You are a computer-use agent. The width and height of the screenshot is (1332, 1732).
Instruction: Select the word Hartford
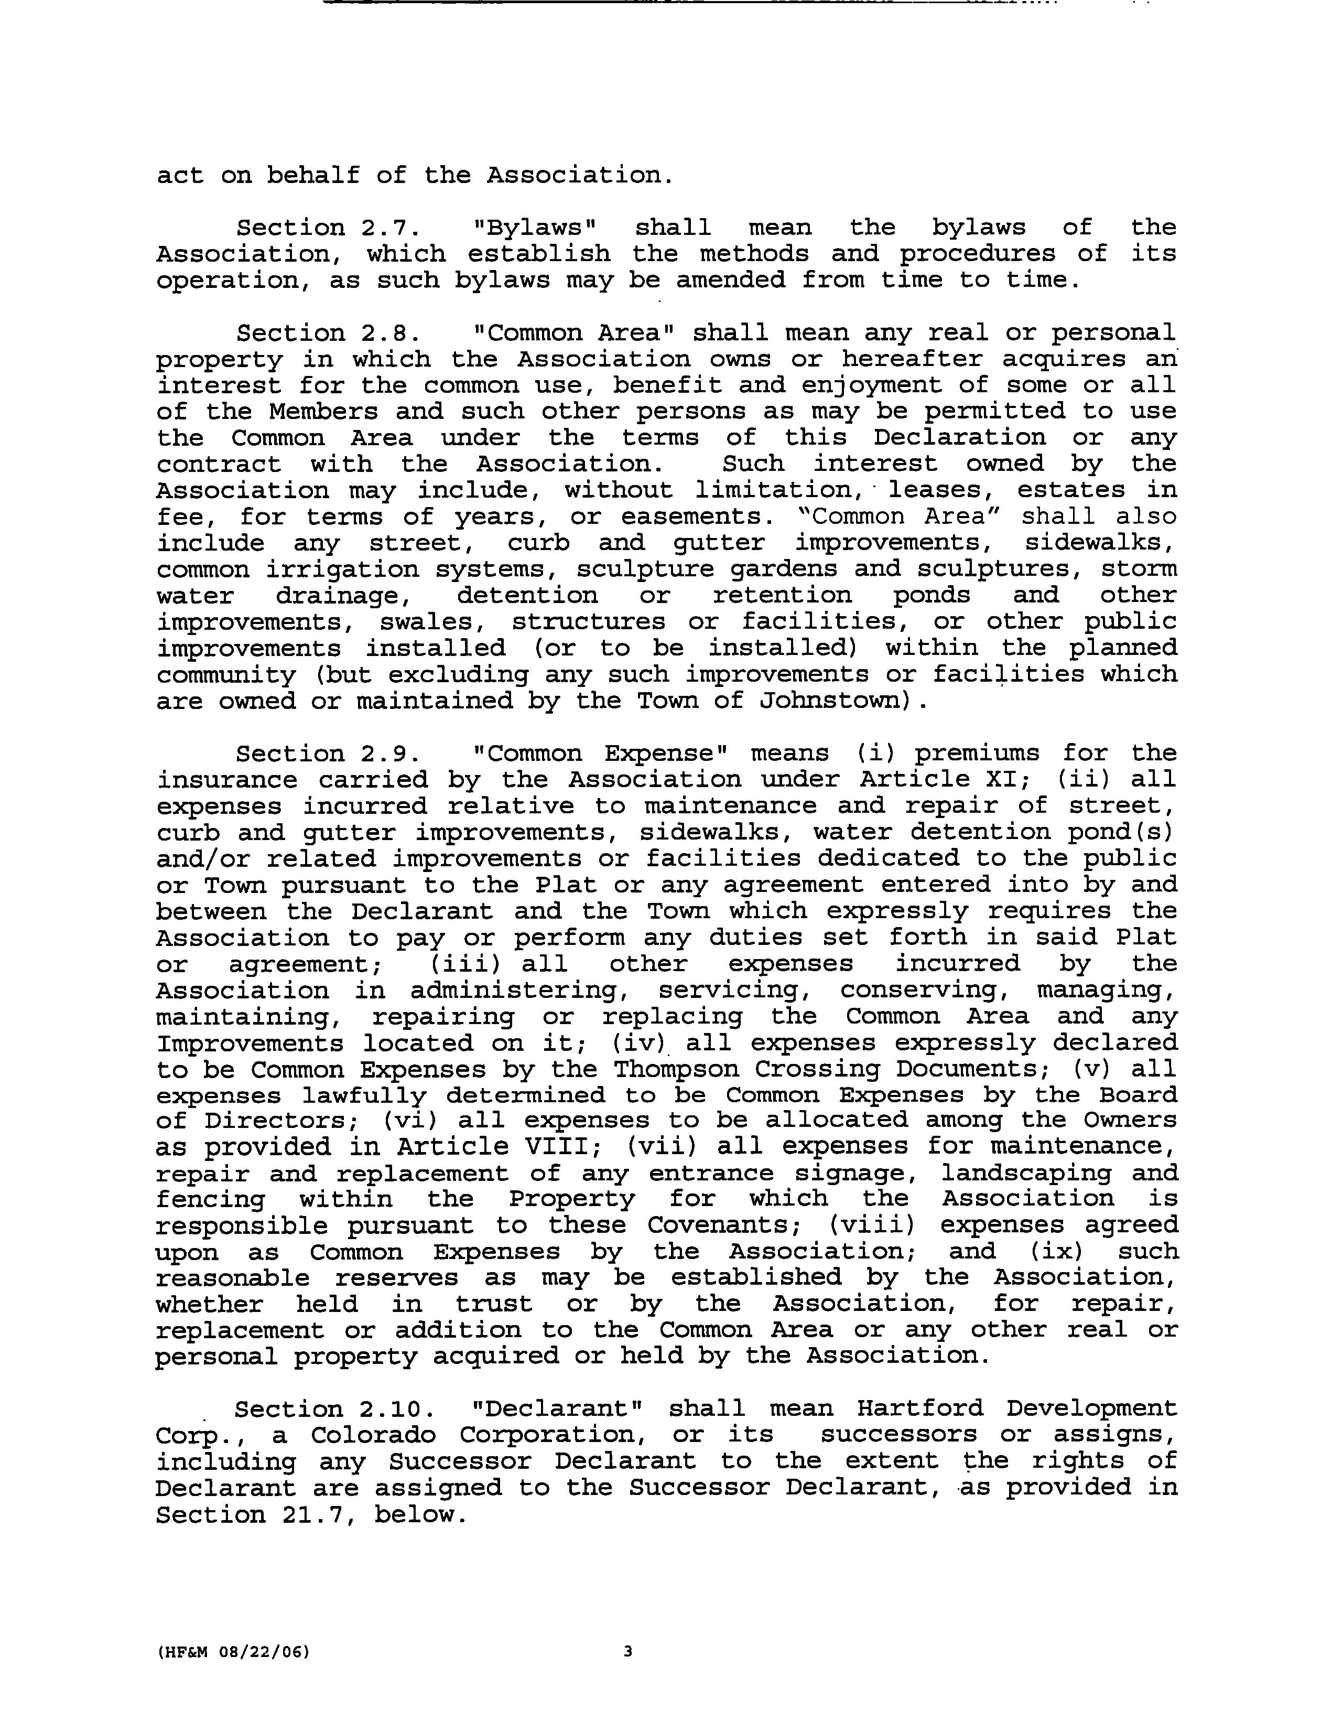coord(919,1409)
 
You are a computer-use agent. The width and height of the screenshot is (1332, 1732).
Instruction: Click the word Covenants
coord(725,1225)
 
